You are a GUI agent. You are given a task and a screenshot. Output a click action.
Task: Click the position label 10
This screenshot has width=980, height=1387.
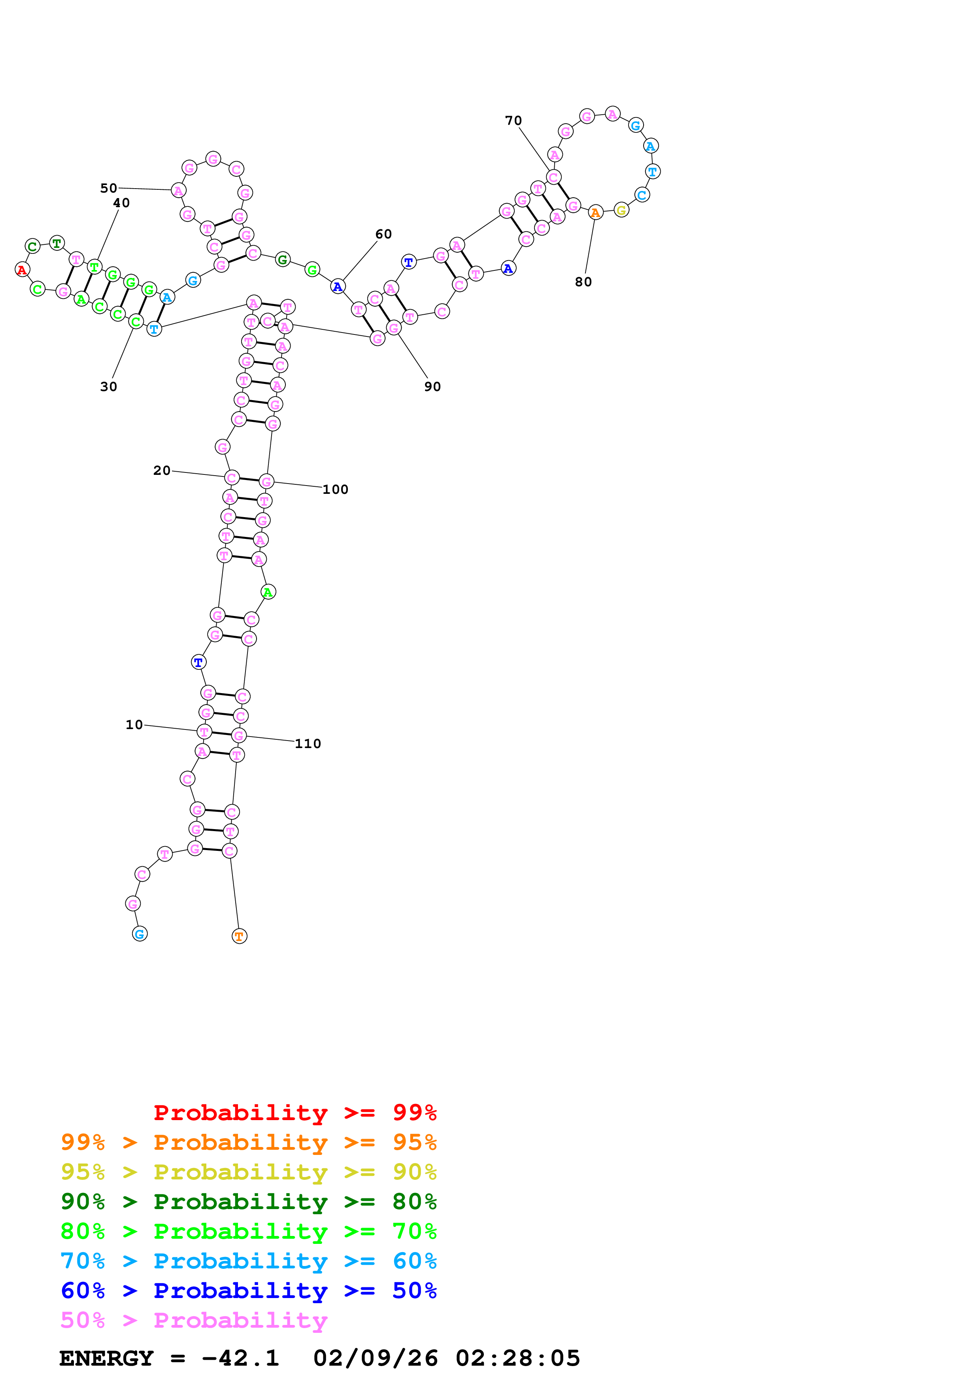click(x=134, y=724)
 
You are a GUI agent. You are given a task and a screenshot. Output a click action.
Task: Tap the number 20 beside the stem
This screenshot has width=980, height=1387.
click(x=162, y=470)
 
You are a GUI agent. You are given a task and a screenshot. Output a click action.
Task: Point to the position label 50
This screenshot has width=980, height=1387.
click(x=109, y=188)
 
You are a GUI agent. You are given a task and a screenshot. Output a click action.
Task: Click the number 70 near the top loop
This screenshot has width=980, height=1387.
click(x=513, y=120)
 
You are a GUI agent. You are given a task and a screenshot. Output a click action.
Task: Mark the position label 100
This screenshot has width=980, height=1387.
click(x=335, y=489)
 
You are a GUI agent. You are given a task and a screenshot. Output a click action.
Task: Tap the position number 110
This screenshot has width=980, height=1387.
click(x=308, y=744)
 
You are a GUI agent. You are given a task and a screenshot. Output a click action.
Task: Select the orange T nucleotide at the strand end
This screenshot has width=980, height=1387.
click(x=239, y=936)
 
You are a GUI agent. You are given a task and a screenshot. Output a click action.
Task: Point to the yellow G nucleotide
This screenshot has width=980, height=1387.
click(x=621, y=210)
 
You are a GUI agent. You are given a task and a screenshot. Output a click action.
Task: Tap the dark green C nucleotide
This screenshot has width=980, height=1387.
click(x=32, y=246)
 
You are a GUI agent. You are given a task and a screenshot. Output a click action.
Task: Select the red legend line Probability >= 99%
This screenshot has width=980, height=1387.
click(x=295, y=1112)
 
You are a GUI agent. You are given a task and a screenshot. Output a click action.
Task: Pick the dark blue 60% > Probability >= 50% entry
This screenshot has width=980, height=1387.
click(x=248, y=1291)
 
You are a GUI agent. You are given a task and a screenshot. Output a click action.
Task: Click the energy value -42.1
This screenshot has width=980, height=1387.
click(x=240, y=1358)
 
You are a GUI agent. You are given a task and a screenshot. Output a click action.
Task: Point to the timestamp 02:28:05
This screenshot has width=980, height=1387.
click(x=517, y=1358)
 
